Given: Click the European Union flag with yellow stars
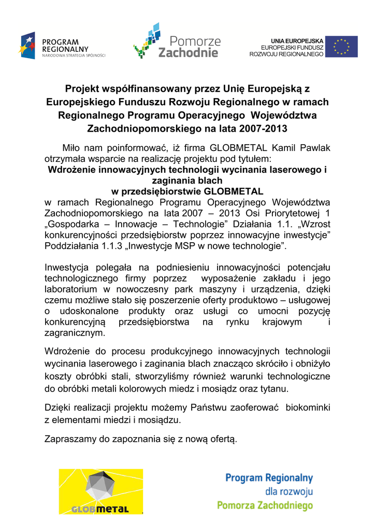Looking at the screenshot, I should click(x=341, y=47).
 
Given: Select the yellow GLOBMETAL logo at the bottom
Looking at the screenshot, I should click(x=100, y=491).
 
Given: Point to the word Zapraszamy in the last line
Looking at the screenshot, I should click(x=70, y=440).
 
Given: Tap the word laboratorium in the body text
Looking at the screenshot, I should click(x=71, y=289).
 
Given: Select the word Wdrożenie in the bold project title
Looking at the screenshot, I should click(x=71, y=170).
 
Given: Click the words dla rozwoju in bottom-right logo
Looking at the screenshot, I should click(x=289, y=491).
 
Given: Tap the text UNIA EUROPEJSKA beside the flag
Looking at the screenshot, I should click(x=297, y=40).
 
